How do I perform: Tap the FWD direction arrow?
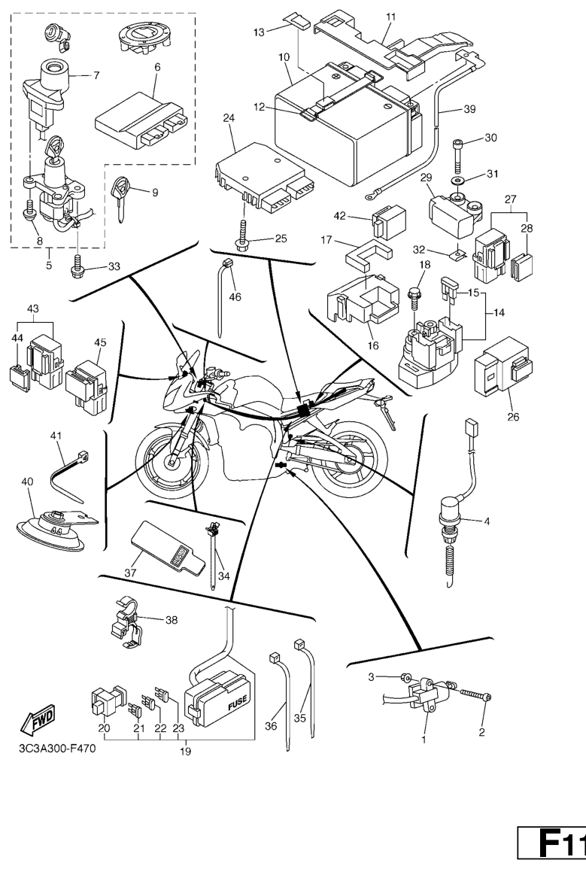point(36,724)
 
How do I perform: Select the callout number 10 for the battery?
point(284,56)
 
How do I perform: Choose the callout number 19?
point(185,751)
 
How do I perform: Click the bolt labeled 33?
point(77,265)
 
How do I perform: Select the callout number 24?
point(230,118)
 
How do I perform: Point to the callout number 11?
point(390,16)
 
